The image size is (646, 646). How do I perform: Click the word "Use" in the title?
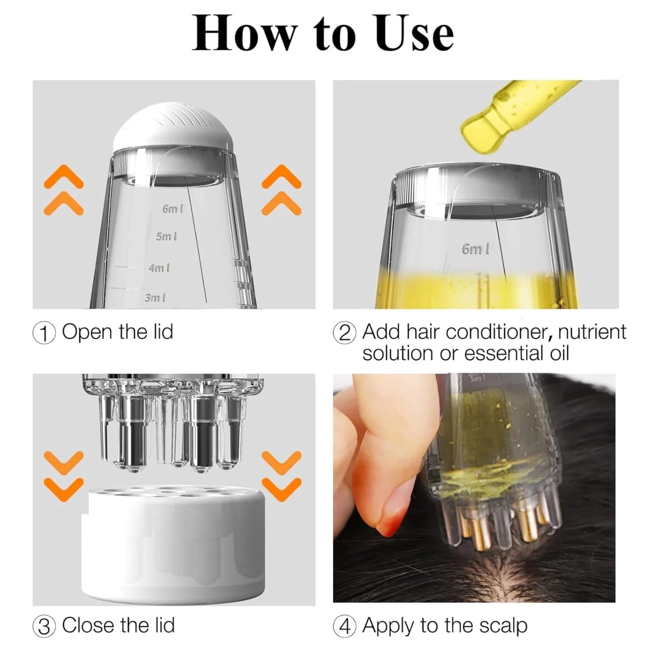click(x=414, y=34)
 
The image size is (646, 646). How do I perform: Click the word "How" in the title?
click(x=245, y=34)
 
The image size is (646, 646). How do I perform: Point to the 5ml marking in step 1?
click(x=166, y=236)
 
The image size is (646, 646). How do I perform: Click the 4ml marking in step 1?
click(x=159, y=268)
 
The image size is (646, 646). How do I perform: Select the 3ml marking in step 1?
click(x=155, y=298)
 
